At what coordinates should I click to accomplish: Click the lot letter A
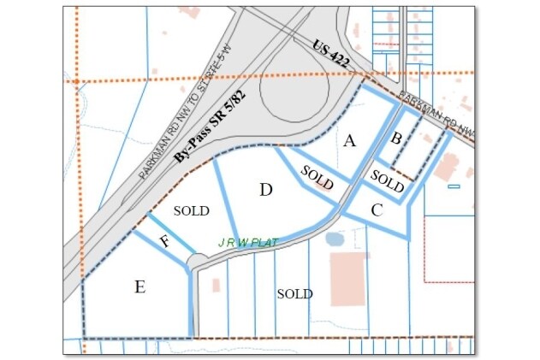349,142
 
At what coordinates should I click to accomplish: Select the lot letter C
377,210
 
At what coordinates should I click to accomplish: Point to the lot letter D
266,190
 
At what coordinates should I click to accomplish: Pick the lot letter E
139,286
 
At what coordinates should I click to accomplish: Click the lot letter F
164,241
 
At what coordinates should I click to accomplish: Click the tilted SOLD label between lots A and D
317,178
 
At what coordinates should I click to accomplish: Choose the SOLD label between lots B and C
388,182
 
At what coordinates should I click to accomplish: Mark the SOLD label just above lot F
191,210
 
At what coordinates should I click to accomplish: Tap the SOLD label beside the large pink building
294,293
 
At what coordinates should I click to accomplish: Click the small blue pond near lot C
335,239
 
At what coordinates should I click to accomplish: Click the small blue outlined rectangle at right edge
454,186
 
